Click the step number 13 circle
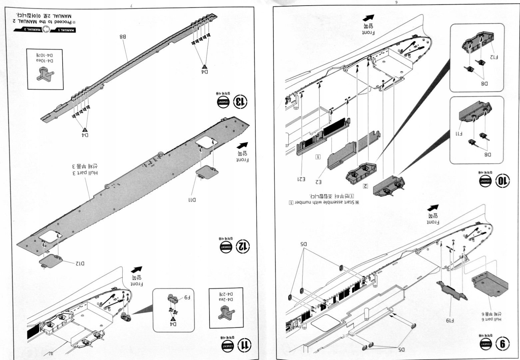tap(240, 102)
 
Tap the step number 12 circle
tap(243, 246)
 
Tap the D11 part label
tap(192, 200)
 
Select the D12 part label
tap(80, 263)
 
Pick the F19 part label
tap(450, 320)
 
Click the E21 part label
tap(301, 179)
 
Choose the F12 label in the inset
tap(494, 57)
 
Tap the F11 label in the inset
tap(459, 133)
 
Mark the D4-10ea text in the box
tap(45, 60)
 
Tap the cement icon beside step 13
tap(223, 102)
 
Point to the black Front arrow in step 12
tap(243, 146)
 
